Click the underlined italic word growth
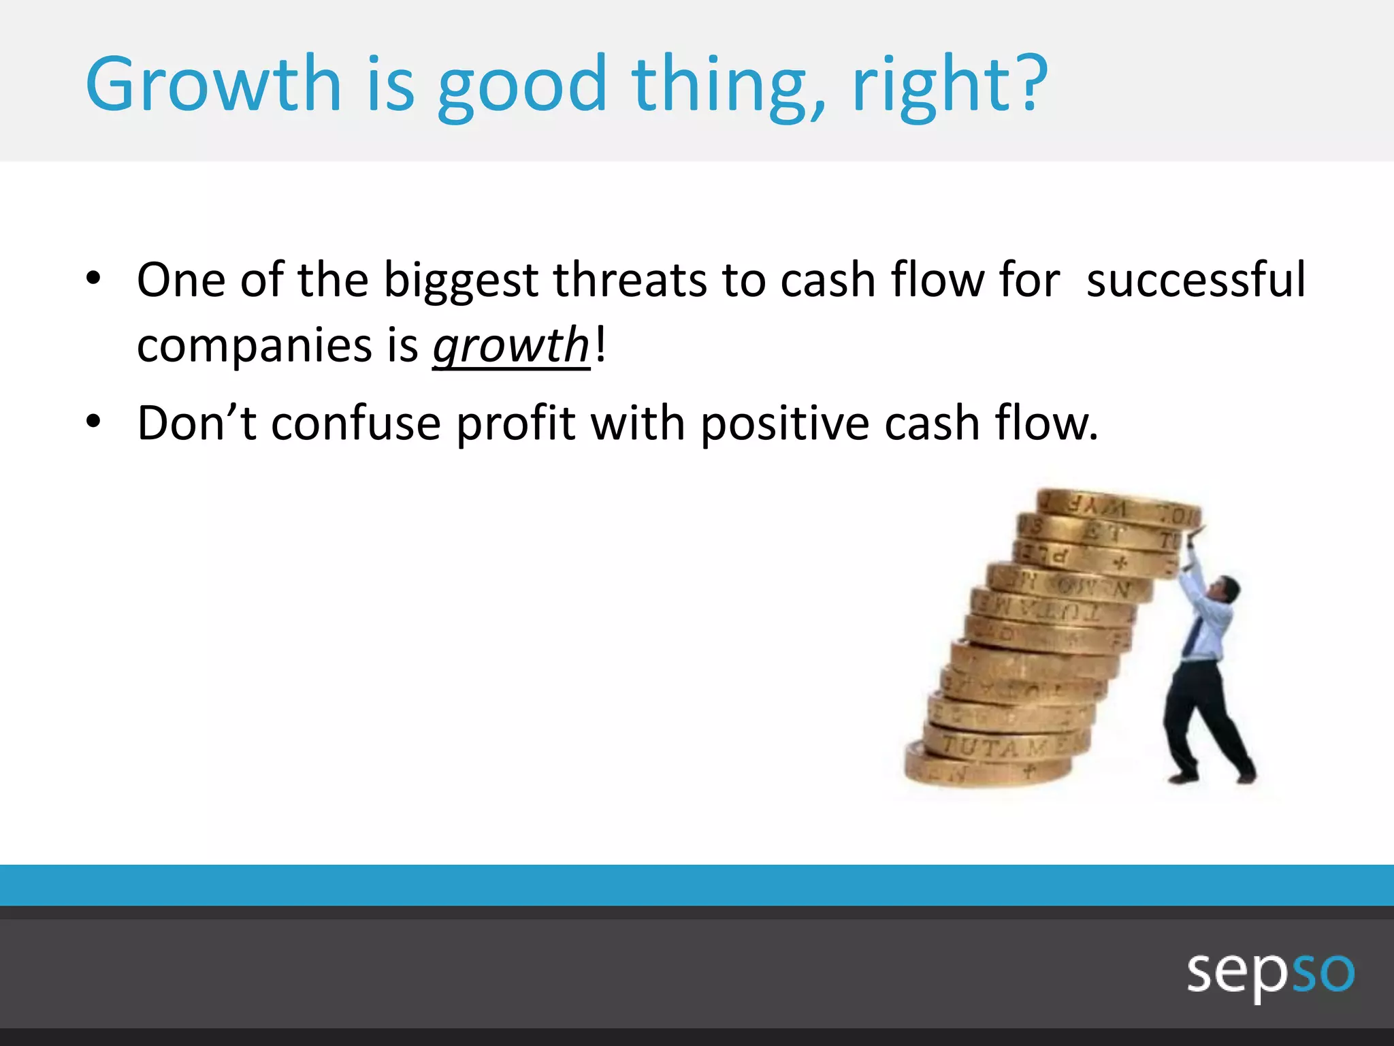(x=511, y=345)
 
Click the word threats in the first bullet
(x=630, y=281)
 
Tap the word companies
(x=255, y=345)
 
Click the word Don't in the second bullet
(x=197, y=423)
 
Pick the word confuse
(x=356, y=423)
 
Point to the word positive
(x=785, y=424)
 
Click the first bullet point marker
(x=93, y=279)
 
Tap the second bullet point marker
(x=93, y=422)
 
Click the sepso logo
(x=1270, y=973)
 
